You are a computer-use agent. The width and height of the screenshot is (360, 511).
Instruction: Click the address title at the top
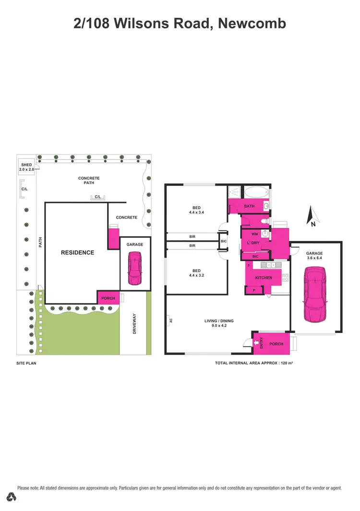pos(180,24)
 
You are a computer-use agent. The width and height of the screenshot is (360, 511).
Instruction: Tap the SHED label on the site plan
pos(26,165)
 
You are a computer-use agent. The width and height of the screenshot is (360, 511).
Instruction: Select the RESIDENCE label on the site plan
pos(77,252)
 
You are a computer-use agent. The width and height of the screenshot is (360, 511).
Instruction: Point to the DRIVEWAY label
pos(135,324)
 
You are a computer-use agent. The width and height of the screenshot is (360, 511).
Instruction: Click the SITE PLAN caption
pos(26,363)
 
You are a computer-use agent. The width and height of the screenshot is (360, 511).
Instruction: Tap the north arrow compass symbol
pos(312,215)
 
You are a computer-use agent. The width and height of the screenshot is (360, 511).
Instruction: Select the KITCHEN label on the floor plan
pos(264,278)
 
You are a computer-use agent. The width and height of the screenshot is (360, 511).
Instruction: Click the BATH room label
pos(249,206)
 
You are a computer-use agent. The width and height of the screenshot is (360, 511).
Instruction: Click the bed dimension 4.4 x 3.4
pos(197,212)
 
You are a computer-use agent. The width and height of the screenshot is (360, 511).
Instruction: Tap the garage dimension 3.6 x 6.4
pos(314,258)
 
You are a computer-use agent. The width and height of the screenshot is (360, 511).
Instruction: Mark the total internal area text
pos(254,363)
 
